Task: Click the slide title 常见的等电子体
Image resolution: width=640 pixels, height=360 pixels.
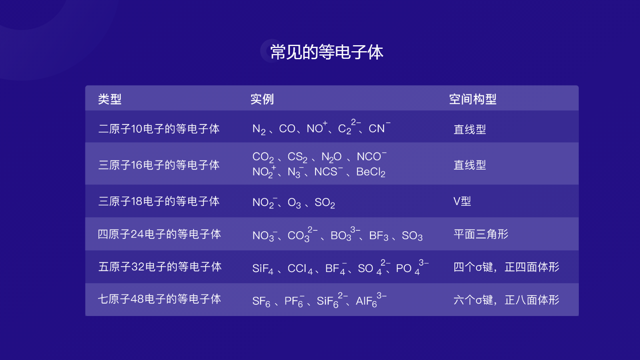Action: (326, 52)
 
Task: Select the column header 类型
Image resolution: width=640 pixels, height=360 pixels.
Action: (110, 99)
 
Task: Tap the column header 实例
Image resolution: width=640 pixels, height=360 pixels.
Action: (262, 99)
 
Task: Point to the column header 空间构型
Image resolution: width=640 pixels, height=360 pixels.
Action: (472, 99)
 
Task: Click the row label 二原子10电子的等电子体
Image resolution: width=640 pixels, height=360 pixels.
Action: (159, 129)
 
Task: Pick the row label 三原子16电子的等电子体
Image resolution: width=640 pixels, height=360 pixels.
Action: (159, 165)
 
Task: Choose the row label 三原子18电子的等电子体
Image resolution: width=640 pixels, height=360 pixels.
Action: (159, 201)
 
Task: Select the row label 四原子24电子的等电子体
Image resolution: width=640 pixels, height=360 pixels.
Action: (159, 234)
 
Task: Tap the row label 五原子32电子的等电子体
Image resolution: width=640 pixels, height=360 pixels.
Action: (160, 267)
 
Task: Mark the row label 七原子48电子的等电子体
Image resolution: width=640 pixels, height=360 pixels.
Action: (159, 299)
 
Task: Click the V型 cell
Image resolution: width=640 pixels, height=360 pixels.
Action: (462, 201)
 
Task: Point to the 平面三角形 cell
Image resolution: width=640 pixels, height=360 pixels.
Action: (481, 234)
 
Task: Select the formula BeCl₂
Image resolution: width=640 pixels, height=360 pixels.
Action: (371, 172)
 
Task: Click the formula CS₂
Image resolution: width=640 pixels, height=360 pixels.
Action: (297, 157)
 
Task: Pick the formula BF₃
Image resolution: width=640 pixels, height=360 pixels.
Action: (378, 236)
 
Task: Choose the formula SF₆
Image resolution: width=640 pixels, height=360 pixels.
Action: (261, 301)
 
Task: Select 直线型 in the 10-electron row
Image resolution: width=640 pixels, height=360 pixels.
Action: (470, 129)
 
